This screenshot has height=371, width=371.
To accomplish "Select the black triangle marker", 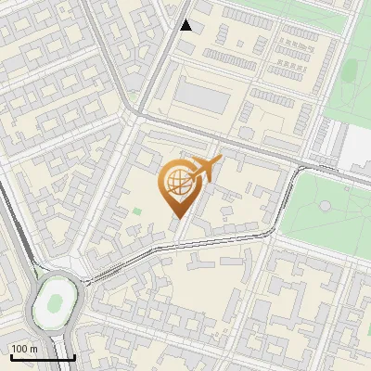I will tap(186, 25).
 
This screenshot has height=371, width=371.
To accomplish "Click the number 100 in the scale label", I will tap(19, 349).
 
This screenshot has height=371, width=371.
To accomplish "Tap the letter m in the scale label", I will tap(32, 349).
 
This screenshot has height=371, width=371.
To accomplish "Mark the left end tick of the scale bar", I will tap(9, 357).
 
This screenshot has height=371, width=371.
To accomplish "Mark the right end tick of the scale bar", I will tap(74, 357).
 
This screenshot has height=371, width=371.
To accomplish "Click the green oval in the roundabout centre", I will tap(56, 301).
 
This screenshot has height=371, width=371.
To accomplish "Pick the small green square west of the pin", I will tap(137, 212).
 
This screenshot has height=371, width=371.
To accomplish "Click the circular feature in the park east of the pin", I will tap(326, 205).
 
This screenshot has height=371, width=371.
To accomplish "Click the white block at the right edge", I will tap(359, 148).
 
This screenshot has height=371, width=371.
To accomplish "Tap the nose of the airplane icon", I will tap(219, 161).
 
